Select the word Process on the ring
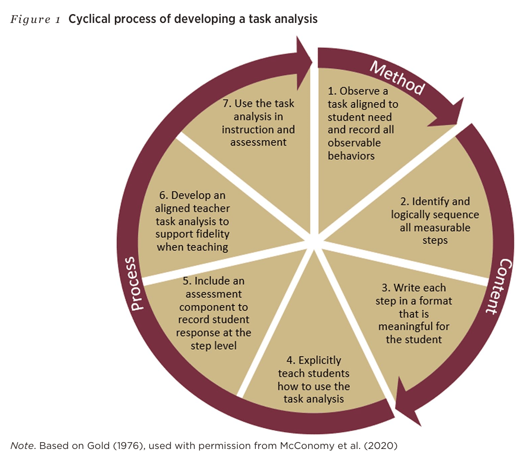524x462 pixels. coord(135,284)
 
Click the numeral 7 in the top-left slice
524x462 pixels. coord(223,103)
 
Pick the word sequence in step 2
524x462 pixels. coord(457,214)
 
